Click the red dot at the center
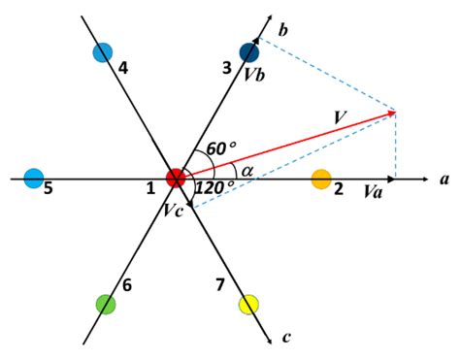[176, 179]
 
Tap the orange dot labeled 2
[321, 179]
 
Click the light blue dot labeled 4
[103, 52]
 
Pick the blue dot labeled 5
[34, 179]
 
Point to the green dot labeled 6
[106, 304]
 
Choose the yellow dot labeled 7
[248, 305]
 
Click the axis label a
[444, 180]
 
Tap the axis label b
[282, 30]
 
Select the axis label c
[285, 337]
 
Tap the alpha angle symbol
[247, 171]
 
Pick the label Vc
[172, 208]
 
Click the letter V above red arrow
[340, 117]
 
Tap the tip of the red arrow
[395, 112]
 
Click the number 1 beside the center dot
[150, 187]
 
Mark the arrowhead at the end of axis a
[426, 179]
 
